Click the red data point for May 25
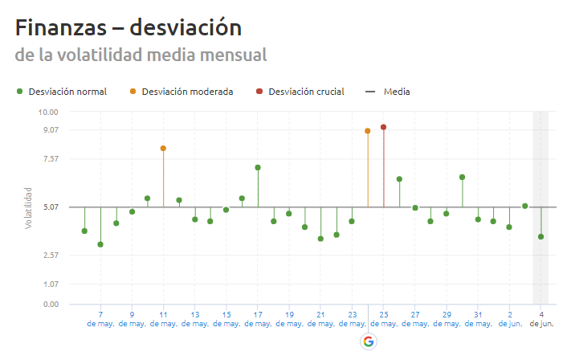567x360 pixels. pos(384,127)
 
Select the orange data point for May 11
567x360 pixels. pos(163,148)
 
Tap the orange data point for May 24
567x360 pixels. pos(368,130)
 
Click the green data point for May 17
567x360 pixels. pos(258,167)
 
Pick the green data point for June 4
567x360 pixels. pos(541,236)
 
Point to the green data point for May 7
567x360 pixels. pos(100,244)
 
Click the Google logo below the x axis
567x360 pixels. pos(369,341)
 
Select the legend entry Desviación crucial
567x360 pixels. pos(306,92)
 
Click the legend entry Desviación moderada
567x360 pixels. pos(187,92)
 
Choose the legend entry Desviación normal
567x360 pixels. pos(67,92)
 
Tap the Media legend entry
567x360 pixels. pos(396,92)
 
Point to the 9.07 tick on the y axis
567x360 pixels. pos(51,130)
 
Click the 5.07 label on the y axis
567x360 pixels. pos(51,207)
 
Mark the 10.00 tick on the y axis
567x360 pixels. pos(49,112)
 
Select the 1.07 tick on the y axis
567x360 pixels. pos(51,284)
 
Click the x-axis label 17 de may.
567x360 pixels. pos(258,319)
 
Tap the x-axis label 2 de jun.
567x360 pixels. pos(510,319)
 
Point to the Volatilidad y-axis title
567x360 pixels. pos(28,207)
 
